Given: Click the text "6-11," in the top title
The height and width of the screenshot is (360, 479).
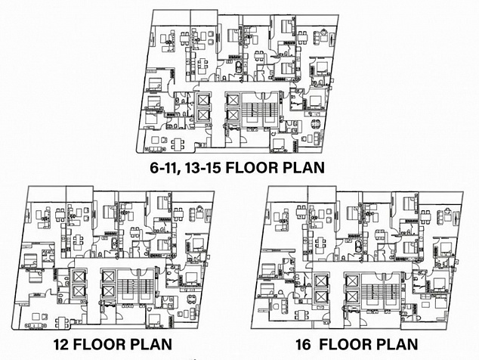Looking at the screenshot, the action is (162, 168).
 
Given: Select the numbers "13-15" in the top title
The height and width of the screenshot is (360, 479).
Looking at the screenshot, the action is (200, 168).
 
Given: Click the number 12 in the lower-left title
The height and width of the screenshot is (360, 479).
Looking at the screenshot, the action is (61, 344).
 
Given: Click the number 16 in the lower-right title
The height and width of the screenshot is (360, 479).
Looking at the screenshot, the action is (304, 344).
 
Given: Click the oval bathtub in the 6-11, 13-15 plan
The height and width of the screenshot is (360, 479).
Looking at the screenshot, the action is (238, 67).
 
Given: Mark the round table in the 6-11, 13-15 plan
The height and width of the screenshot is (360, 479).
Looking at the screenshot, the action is (315, 124).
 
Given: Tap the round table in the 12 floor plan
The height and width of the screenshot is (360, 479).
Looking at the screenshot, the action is (191, 299).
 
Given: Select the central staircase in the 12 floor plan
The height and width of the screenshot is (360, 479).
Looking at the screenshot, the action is (135, 287).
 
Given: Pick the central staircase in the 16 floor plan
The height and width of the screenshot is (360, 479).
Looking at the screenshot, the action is (379, 289).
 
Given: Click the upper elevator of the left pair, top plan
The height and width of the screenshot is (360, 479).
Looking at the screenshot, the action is (202, 100).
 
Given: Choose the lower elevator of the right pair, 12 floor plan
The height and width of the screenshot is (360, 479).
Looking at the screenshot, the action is (109, 291).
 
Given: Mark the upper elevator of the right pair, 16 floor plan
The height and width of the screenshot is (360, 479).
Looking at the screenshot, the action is (351, 280).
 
